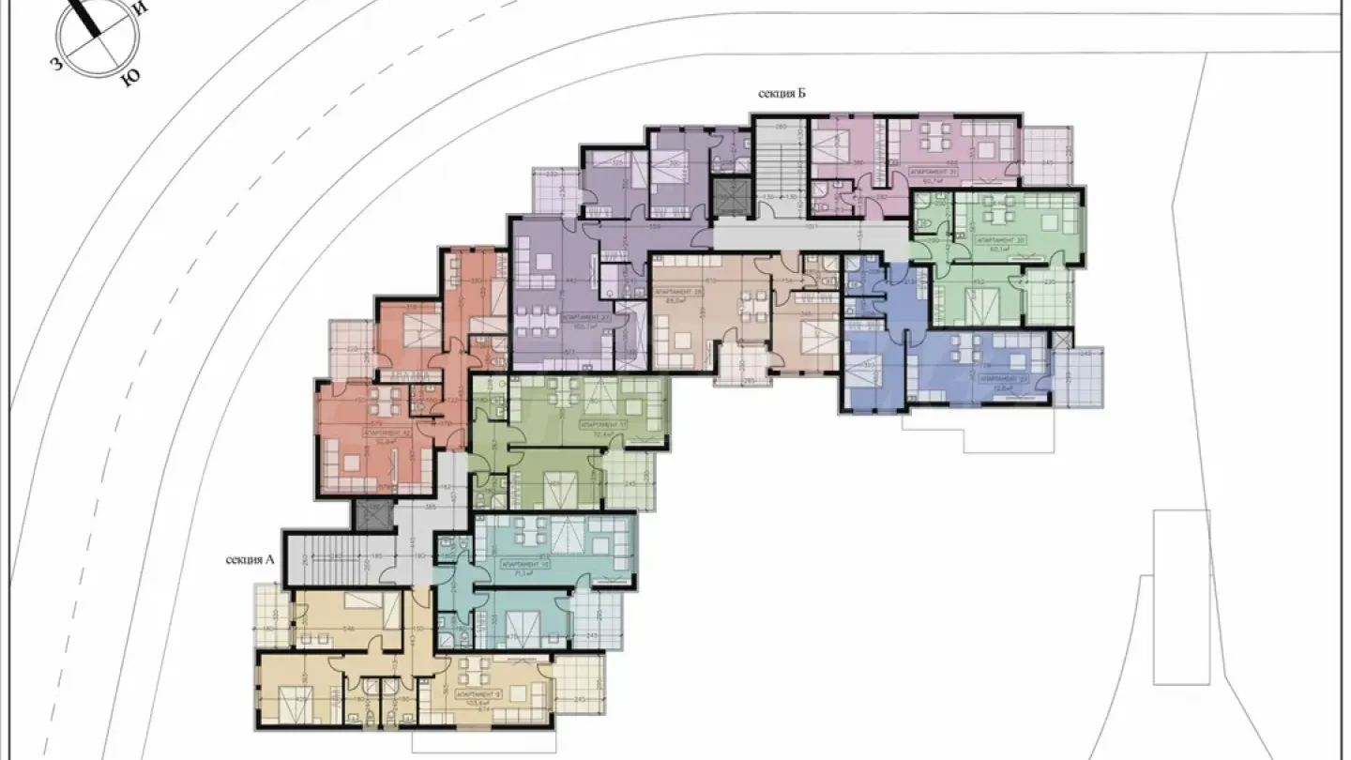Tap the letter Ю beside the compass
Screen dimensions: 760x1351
point(129,80)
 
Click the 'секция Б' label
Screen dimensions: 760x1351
point(782,93)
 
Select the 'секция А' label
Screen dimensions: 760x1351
point(250,560)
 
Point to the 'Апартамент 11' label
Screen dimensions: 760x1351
point(600,424)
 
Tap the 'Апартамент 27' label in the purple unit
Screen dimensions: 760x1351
point(579,319)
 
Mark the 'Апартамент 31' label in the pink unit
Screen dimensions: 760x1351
point(933,173)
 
